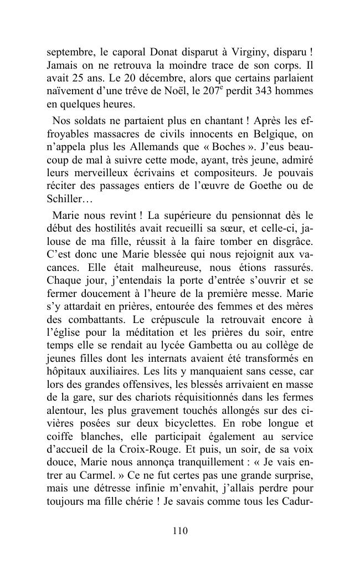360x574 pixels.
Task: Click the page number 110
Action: coord(180,531)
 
